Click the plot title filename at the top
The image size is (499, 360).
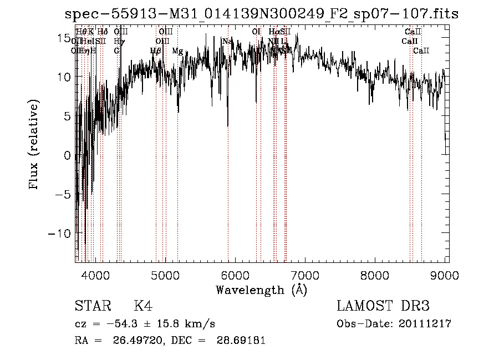262,13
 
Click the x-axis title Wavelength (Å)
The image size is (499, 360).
261,290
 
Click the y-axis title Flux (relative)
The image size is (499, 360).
34,146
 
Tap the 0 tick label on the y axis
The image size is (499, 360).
68,155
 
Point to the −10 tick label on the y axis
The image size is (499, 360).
59,234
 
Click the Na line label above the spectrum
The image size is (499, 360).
227,41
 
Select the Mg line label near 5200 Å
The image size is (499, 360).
177,51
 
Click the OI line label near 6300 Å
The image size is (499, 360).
256,32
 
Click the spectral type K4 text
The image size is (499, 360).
143,306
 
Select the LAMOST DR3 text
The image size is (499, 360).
383,306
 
